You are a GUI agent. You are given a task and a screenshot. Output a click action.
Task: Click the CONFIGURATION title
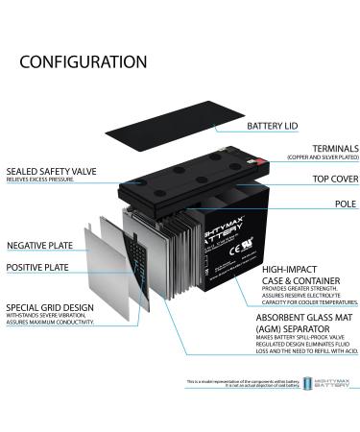tap(84, 62)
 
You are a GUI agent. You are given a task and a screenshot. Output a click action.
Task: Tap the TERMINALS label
tap(300, 150)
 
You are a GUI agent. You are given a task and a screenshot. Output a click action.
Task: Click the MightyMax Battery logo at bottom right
tap(326, 384)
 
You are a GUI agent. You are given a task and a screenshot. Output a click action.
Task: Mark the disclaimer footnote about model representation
tap(242, 383)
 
